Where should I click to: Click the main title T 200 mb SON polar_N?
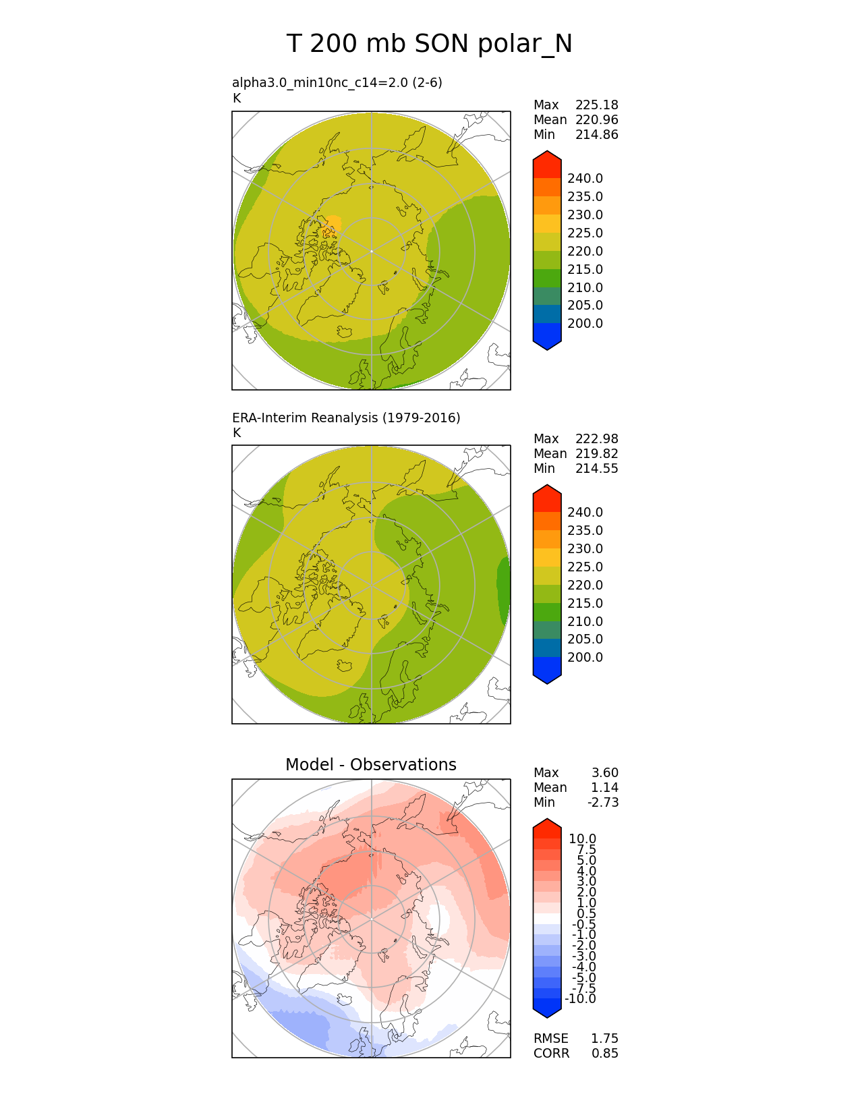point(429,44)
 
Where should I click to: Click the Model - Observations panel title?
point(370,764)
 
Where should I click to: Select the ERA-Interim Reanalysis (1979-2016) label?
point(346,418)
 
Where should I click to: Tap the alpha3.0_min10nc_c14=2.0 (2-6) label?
point(337,82)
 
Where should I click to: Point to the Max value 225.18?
point(596,105)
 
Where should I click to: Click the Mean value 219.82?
point(596,454)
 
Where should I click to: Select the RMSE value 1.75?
point(604,1039)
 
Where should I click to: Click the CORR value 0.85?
point(604,1054)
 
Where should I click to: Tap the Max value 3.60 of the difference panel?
point(604,773)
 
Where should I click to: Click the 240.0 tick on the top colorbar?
point(585,179)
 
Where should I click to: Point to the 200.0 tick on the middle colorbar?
point(585,658)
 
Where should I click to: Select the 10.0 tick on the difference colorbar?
point(582,839)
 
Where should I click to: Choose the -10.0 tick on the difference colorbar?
point(580,999)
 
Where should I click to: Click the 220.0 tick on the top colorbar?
point(585,252)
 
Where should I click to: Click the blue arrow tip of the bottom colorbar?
point(547,1010)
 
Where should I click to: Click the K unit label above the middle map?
point(237,433)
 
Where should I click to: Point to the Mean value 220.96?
point(596,120)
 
